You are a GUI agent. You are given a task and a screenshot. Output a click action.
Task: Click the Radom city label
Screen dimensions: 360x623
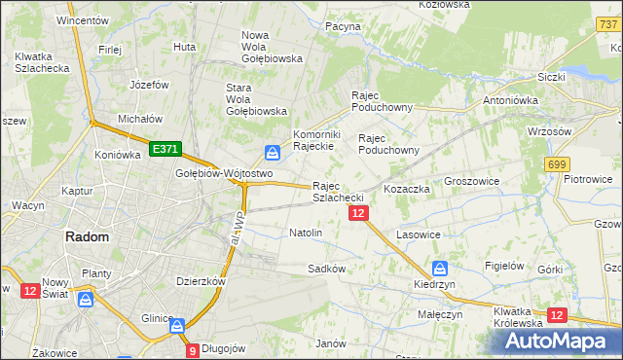pos(86,236)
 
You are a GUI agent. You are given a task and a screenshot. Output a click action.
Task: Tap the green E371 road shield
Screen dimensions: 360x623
pos(165,148)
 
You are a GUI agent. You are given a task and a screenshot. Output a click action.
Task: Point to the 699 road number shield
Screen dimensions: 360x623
pos(558,165)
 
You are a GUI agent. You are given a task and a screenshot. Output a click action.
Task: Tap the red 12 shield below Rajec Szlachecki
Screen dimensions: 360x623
pos(358,213)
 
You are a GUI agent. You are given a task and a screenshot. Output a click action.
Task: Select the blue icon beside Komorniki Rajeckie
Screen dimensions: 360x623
pos(273,152)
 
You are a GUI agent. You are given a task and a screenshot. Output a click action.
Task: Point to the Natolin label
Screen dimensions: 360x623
pos(306,234)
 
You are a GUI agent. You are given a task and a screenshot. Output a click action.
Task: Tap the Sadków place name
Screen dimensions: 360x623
pos(326,268)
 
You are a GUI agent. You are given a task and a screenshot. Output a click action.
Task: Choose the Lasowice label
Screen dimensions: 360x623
pos(420,235)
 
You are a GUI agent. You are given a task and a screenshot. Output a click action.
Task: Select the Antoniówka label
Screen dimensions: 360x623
pos(512,99)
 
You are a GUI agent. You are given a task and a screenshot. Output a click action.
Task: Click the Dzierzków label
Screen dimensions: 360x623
pos(201,280)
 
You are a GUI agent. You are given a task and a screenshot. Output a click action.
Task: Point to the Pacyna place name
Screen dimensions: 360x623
pos(343,26)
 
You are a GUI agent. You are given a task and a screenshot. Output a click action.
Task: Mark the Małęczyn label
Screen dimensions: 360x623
pos(439,314)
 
